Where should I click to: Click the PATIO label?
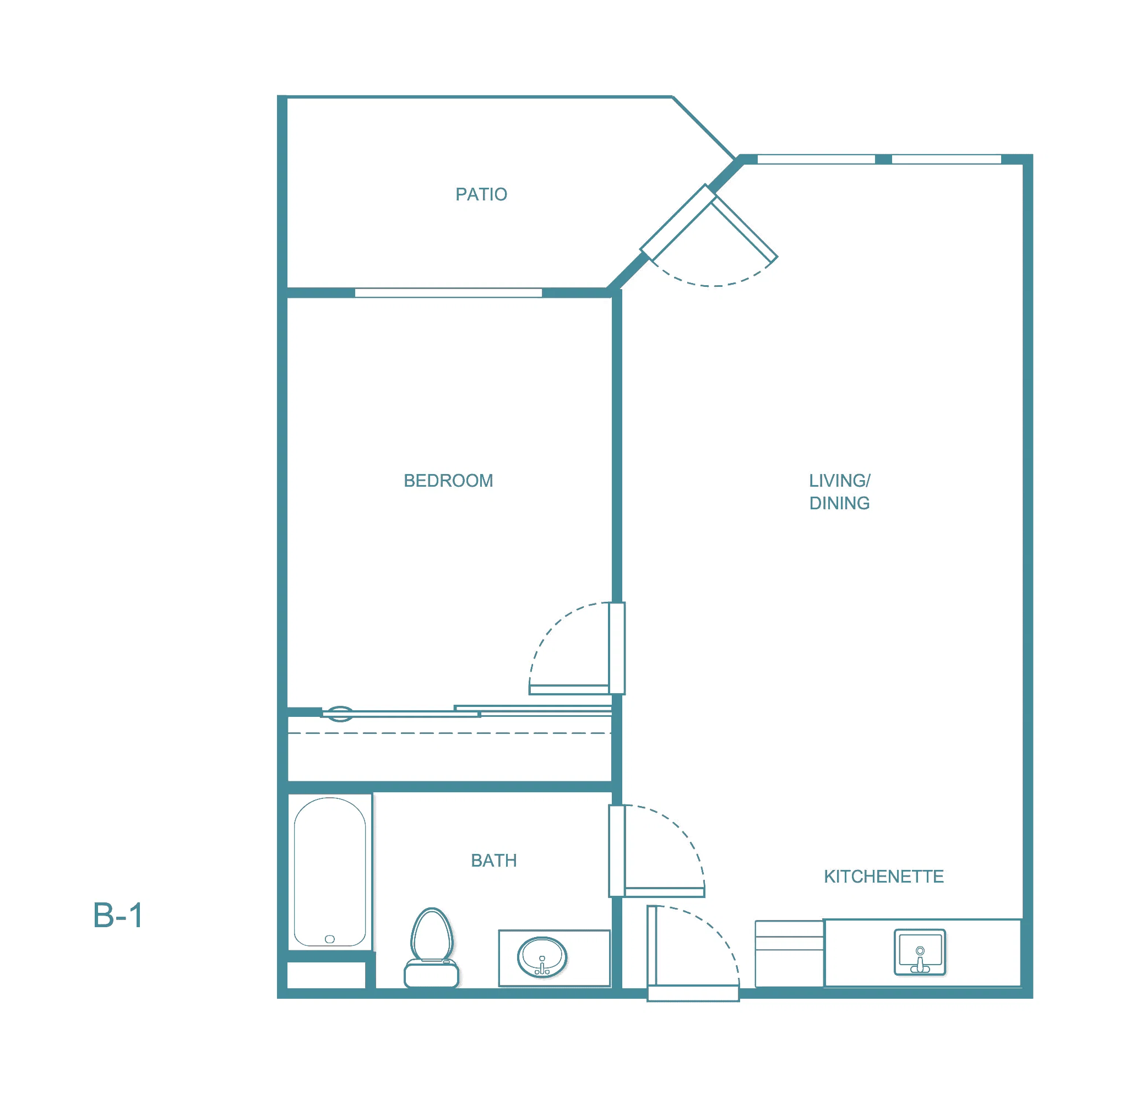481,194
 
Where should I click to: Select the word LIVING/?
839,481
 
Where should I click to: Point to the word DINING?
839,503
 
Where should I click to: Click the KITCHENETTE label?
884,877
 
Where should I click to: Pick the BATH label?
493,861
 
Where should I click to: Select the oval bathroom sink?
542,957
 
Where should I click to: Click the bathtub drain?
330,939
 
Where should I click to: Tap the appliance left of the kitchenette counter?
789,954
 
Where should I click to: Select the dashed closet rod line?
449,733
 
